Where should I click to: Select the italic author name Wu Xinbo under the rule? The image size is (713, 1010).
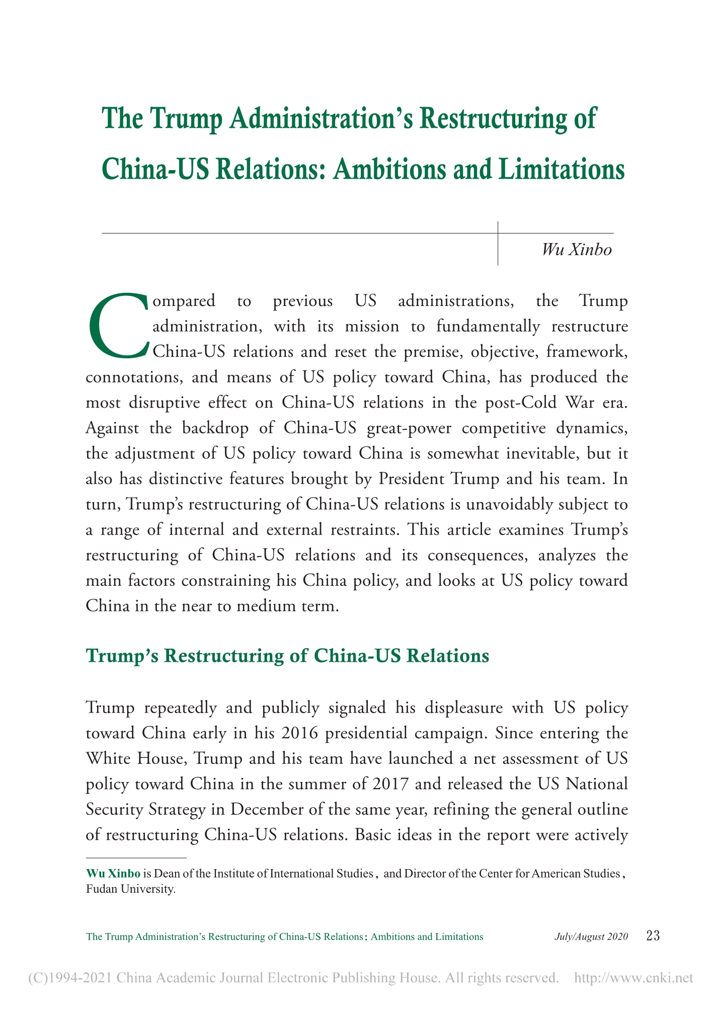(577, 250)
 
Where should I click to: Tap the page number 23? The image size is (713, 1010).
(653, 936)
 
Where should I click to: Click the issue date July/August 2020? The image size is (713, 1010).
(591, 937)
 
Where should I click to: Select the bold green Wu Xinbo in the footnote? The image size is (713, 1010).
(113, 873)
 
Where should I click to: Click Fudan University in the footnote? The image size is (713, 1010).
(131, 889)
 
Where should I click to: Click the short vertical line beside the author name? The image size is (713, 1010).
(498, 243)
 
